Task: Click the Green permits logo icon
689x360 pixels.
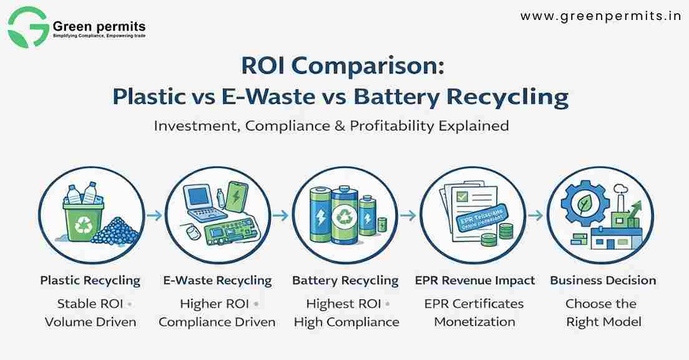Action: pyautogui.click(x=28, y=27)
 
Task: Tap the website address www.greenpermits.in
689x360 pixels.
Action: pyautogui.click(x=600, y=16)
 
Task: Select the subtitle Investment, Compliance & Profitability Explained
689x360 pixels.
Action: pyautogui.click(x=331, y=125)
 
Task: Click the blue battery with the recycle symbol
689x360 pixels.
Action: pyautogui.click(x=344, y=216)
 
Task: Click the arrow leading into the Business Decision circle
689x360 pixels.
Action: pyautogui.click(x=535, y=215)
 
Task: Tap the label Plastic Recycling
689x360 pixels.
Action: pyautogui.click(x=90, y=281)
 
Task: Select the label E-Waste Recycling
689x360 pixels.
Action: pyautogui.click(x=217, y=281)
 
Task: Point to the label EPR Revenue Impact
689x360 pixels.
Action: pyautogui.click(x=475, y=281)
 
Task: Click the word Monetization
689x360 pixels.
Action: pyautogui.click(x=474, y=322)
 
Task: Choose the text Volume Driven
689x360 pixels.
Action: pyautogui.click(x=90, y=322)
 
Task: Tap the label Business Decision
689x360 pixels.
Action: pyautogui.click(x=603, y=281)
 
